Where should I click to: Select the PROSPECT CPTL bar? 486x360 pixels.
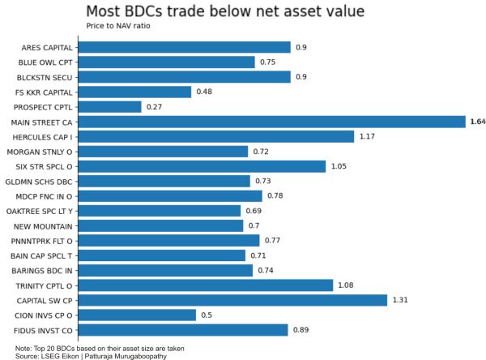pyautogui.click(x=110, y=106)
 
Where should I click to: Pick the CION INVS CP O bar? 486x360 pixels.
pyautogui.click(x=138, y=315)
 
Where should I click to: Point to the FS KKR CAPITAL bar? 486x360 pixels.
pyautogui.click(x=134, y=92)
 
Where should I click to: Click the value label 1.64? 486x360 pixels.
pyautogui.click(x=477, y=122)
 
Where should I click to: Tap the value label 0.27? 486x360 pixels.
pyautogui.click(x=155, y=106)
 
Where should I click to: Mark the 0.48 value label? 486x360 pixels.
pyautogui.click(x=205, y=92)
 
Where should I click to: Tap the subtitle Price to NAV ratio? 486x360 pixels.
pyautogui.click(x=117, y=26)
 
